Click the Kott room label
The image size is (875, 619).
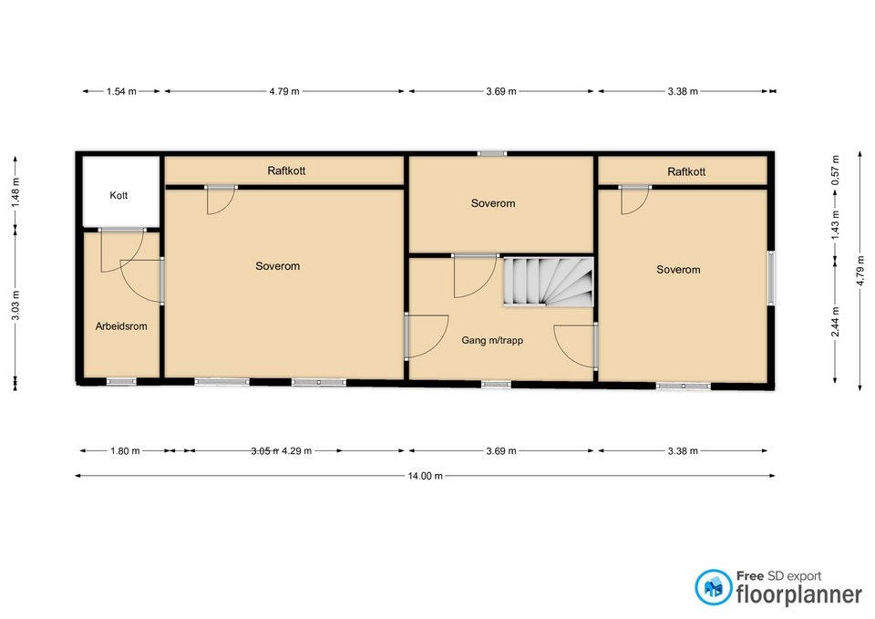[x=118, y=195]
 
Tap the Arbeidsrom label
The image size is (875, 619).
[x=121, y=325]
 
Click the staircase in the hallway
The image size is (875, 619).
[x=549, y=281]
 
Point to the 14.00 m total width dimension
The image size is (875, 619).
[x=426, y=476]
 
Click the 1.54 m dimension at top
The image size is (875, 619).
[x=121, y=91]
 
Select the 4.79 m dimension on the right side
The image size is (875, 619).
[x=859, y=270]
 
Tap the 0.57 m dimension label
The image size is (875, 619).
[x=835, y=170]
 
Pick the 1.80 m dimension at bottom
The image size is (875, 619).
[x=124, y=450]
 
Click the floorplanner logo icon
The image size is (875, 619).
[x=713, y=587]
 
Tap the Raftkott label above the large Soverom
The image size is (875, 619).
[x=284, y=170]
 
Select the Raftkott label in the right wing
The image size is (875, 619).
[x=685, y=171]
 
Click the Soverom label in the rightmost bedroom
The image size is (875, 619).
[x=678, y=269]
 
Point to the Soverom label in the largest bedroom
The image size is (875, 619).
[x=277, y=266]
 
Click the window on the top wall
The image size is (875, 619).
[x=493, y=153]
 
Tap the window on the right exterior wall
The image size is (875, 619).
[x=773, y=278]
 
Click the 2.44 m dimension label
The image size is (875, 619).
[x=835, y=322]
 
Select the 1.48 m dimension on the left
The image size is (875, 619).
[x=15, y=191]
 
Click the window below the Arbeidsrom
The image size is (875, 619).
[x=121, y=381]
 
